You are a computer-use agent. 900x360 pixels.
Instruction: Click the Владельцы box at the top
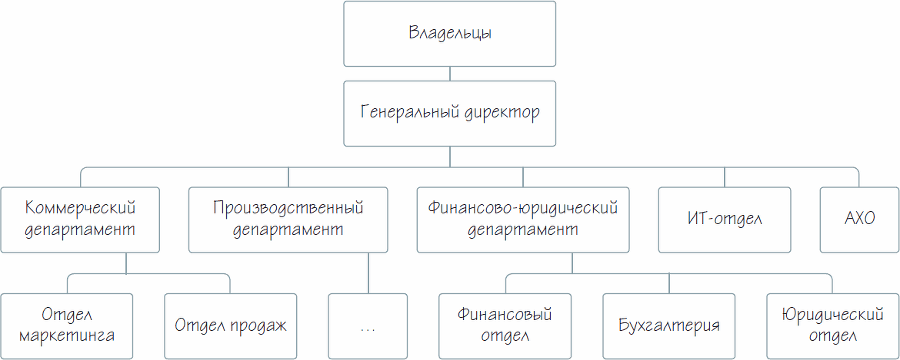point(449,33)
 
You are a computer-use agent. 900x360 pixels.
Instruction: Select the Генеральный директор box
point(449,111)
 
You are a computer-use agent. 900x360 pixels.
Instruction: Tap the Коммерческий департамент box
point(80,218)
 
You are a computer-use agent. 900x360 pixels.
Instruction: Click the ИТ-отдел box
point(725,218)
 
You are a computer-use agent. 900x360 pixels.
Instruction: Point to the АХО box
point(858,218)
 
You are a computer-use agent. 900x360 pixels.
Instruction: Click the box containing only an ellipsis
point(367,325)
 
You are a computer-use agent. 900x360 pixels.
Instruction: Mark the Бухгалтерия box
point(669,325)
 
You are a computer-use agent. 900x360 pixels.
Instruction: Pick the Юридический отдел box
point(832,325)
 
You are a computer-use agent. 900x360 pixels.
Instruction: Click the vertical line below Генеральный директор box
point(449,153)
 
